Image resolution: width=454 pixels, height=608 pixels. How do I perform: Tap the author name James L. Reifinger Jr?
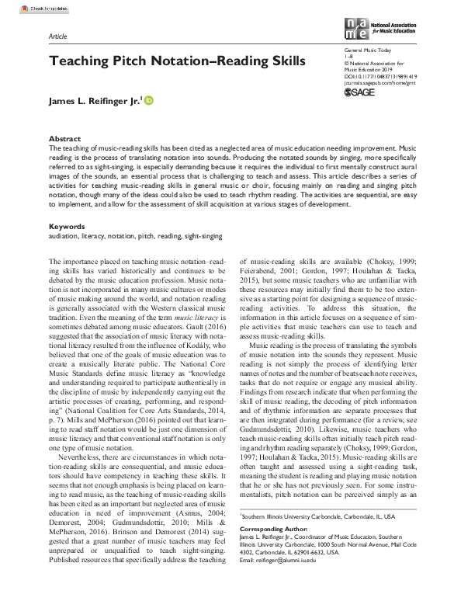[x=94, y=99]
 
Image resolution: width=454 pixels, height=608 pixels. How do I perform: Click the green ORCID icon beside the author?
[x=149, y=99]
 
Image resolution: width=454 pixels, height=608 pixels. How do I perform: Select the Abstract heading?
[x=64, y=137]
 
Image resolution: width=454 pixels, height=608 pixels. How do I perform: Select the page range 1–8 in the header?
[x=347, y=57]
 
